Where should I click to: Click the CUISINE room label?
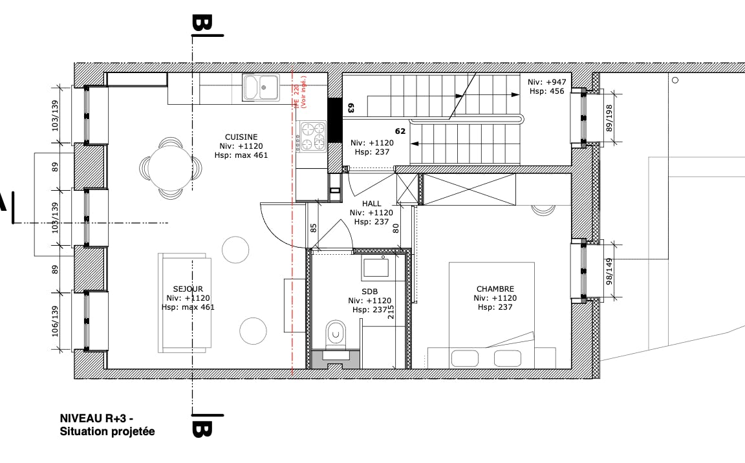point(241,137)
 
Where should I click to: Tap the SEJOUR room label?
point(188,289)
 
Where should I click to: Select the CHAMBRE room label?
point(495,289)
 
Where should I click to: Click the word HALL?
point(372,204)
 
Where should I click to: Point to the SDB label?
point(369,292)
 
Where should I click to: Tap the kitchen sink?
point(261,87)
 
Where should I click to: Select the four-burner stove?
point(312,136)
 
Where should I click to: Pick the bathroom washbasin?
point(374,267)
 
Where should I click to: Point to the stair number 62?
point(400,131)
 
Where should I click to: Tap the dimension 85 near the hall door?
point(314,228)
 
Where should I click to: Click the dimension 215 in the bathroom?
point(391,312)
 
